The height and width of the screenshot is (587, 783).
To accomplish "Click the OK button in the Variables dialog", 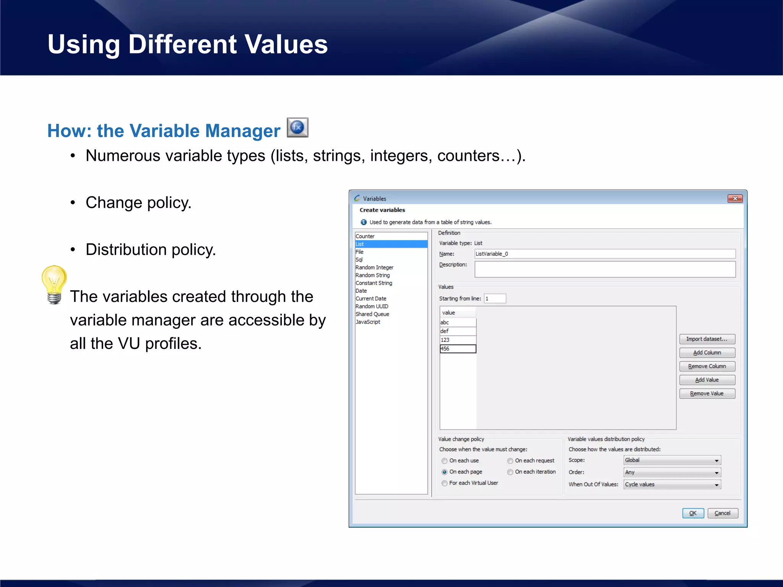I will [x=692, y=513].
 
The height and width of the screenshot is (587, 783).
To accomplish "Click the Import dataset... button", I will [x=707, y=339].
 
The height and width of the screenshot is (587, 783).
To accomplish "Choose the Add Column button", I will [x=707, y=353].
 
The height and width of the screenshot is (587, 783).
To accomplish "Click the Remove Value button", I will [x=707, y=394].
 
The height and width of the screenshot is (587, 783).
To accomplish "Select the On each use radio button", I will [x=445, y=461].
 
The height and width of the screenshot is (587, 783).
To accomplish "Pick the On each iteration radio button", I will [x=510, y=472].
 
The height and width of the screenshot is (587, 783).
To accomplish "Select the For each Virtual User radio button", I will [x=445, y=483].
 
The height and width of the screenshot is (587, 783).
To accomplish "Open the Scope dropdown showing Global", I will [x=672, y=461].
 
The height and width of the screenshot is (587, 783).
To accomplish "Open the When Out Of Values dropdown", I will [x=672, y=485].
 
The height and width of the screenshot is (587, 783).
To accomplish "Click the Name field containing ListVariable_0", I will [x=604, y=254].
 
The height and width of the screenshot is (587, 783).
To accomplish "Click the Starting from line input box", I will [x=495, y=299].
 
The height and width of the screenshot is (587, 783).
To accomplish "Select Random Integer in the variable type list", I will [x=374, y=268].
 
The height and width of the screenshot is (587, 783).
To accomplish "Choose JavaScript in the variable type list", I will [x=368, y=322].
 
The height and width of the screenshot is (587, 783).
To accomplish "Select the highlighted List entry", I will [x=391, y=244].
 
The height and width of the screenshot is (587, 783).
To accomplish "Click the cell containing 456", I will [x=458, y=349].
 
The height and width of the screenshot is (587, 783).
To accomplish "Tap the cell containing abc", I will [x=458, y=323].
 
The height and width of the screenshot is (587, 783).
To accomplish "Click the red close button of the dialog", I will [x=735, y=199].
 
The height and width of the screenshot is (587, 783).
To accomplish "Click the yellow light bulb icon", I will [x=54, y=284].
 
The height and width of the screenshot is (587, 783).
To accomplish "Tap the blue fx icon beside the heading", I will [x=297, y=128].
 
